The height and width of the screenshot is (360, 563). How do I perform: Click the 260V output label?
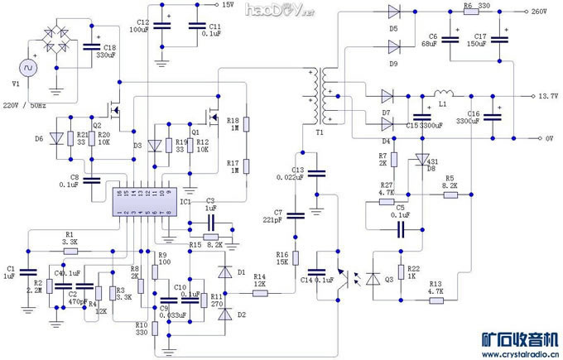point(539,12)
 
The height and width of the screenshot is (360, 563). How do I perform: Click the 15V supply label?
point(229,5)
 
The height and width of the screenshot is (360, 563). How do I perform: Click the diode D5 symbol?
point(393,12)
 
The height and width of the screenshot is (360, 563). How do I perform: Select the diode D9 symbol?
point(393,46)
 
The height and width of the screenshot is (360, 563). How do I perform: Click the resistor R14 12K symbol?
point(259,291)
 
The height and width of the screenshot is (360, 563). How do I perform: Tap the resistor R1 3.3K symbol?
point(70,250)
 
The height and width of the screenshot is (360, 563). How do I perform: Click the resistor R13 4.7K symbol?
point(435,300)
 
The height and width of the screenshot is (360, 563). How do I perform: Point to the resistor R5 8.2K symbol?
point(450,194)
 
